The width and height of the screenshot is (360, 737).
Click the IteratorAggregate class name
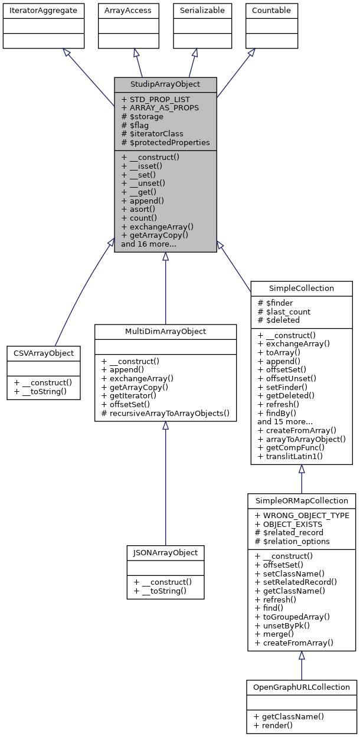pos(42,10)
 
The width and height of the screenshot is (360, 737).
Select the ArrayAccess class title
pos(127,10)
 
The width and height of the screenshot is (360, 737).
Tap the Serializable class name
pos(195,10)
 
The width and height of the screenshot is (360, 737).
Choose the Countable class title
pos(271,10)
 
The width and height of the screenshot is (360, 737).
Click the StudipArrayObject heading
pos(165,84)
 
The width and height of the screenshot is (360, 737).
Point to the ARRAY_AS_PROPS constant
pos(159,108)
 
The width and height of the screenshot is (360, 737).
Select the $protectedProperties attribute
pos(165,143)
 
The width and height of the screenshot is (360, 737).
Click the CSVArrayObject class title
pos(44,353)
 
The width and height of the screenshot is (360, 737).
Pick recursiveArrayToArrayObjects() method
pos(165,413)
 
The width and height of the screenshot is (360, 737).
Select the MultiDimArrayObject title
pos(165,332)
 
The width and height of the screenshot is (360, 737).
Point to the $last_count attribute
pos(284,312)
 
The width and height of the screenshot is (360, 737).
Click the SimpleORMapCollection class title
pos(302,500)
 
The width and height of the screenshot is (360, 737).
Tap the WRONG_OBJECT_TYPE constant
pos(302,515)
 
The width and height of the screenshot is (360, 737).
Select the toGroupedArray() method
pos(292,616)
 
